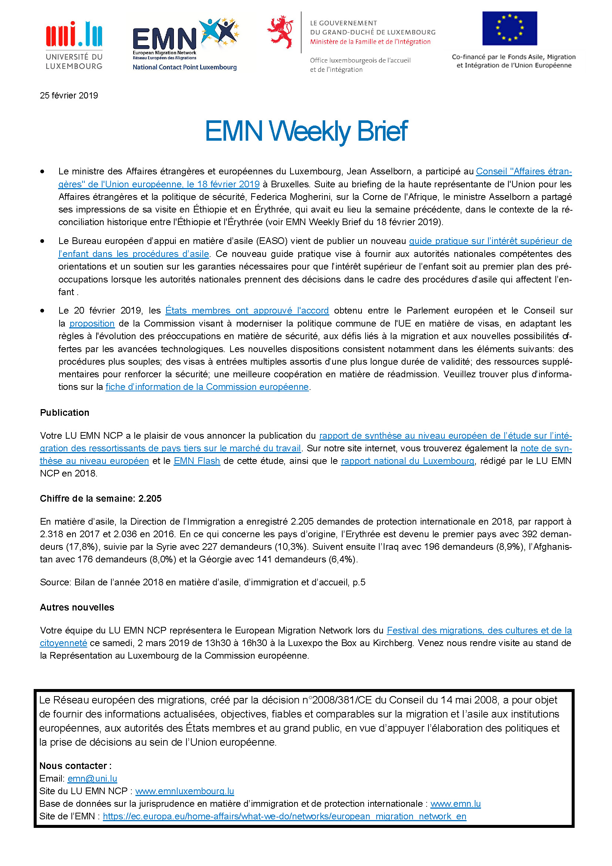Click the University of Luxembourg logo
point(74,45)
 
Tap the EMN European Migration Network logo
point(185,44)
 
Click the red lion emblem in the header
point(280,32)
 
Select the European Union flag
point(510,28)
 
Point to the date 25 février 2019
point(69,96)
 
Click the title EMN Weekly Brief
point(306,131)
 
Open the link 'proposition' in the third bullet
point(92,324)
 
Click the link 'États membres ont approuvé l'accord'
point(247,311)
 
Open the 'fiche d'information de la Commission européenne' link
point(207,387)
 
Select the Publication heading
point(64,412)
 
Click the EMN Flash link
point(197,461)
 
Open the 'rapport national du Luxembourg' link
point(407,461)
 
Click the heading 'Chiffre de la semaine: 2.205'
point(101,499)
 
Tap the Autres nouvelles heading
point(77,607)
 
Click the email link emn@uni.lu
point(93,779)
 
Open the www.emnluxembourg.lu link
point(185,791)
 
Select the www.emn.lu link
point(455,804)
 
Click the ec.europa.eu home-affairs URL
point(285,816)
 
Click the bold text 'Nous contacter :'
point(75,766)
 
